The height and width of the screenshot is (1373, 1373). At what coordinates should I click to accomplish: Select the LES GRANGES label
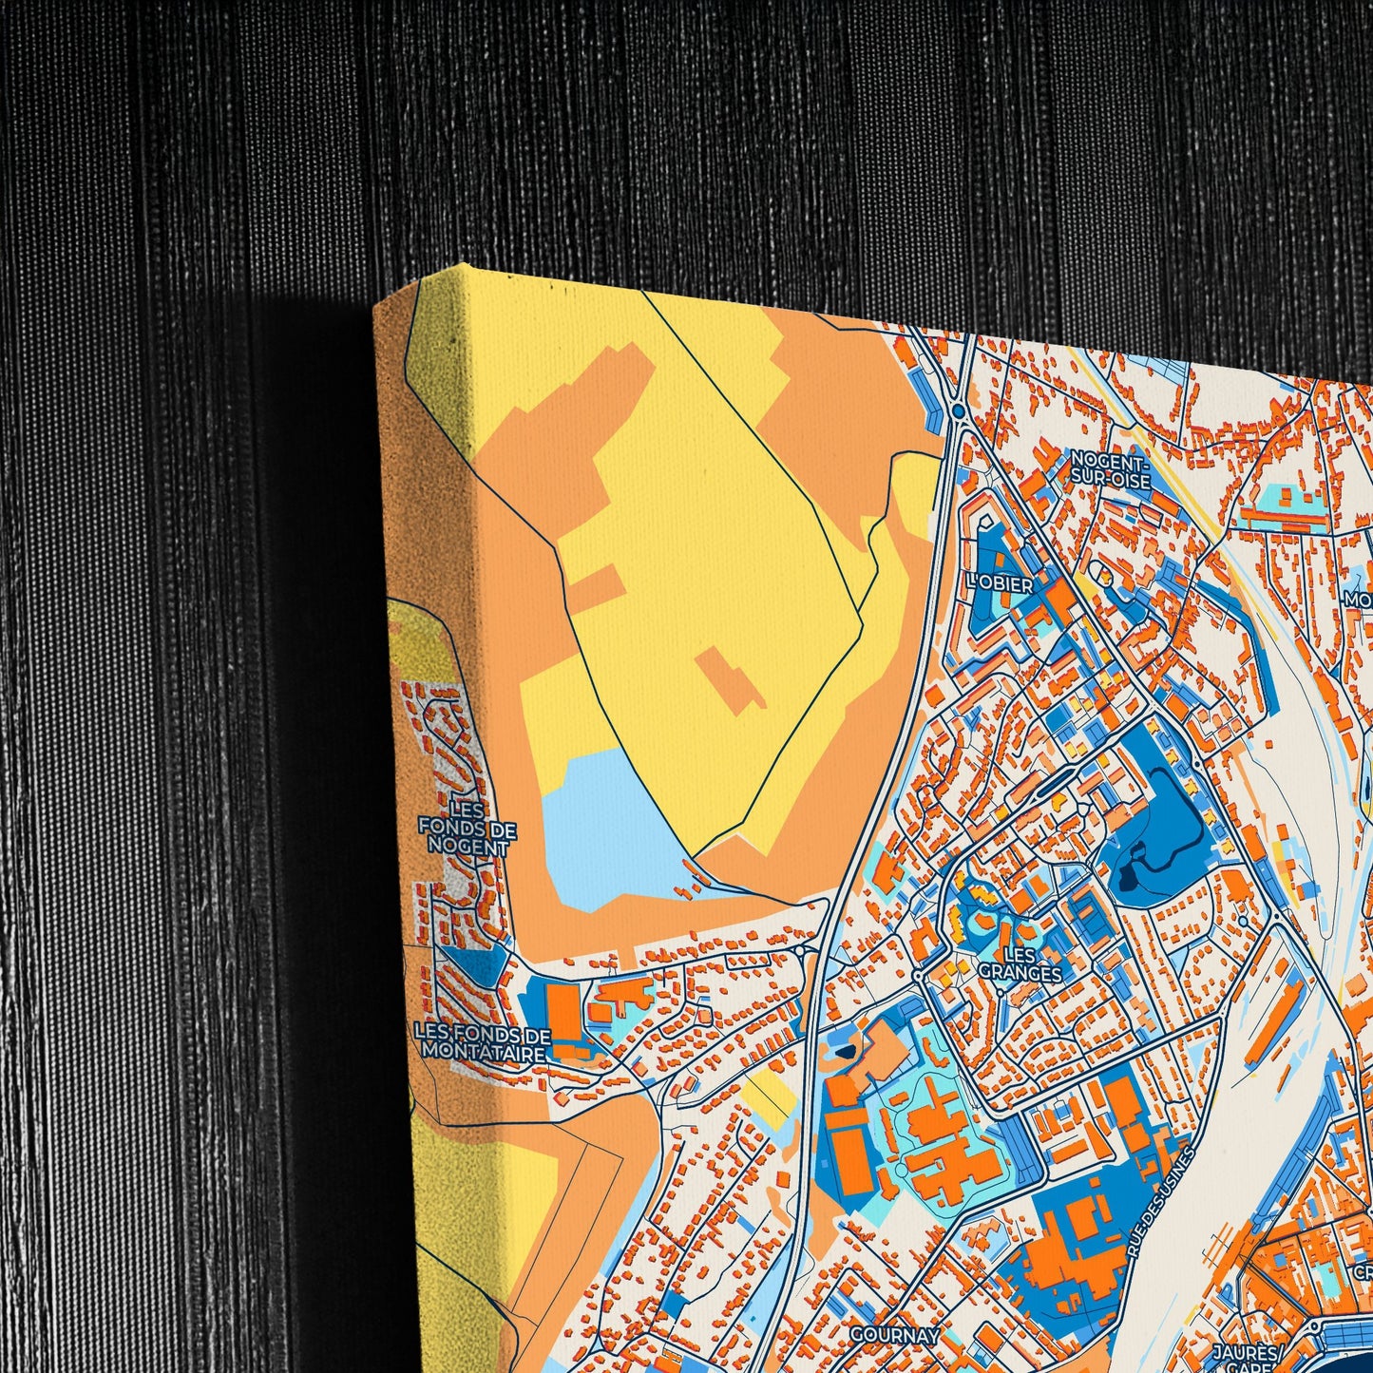coord(1020,963)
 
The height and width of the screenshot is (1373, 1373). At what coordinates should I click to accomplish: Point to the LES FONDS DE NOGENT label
coord(467,827)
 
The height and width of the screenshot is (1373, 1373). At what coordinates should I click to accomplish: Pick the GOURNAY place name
coord(894,1335)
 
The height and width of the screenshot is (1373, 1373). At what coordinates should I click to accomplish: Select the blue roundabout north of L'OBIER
coord(958,410)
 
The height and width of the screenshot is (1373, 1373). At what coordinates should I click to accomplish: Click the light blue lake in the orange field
coord(608,827)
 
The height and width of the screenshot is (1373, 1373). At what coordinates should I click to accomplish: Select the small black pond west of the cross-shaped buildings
coord(846,1052)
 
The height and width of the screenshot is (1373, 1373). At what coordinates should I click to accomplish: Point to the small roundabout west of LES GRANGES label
coord(917,975)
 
